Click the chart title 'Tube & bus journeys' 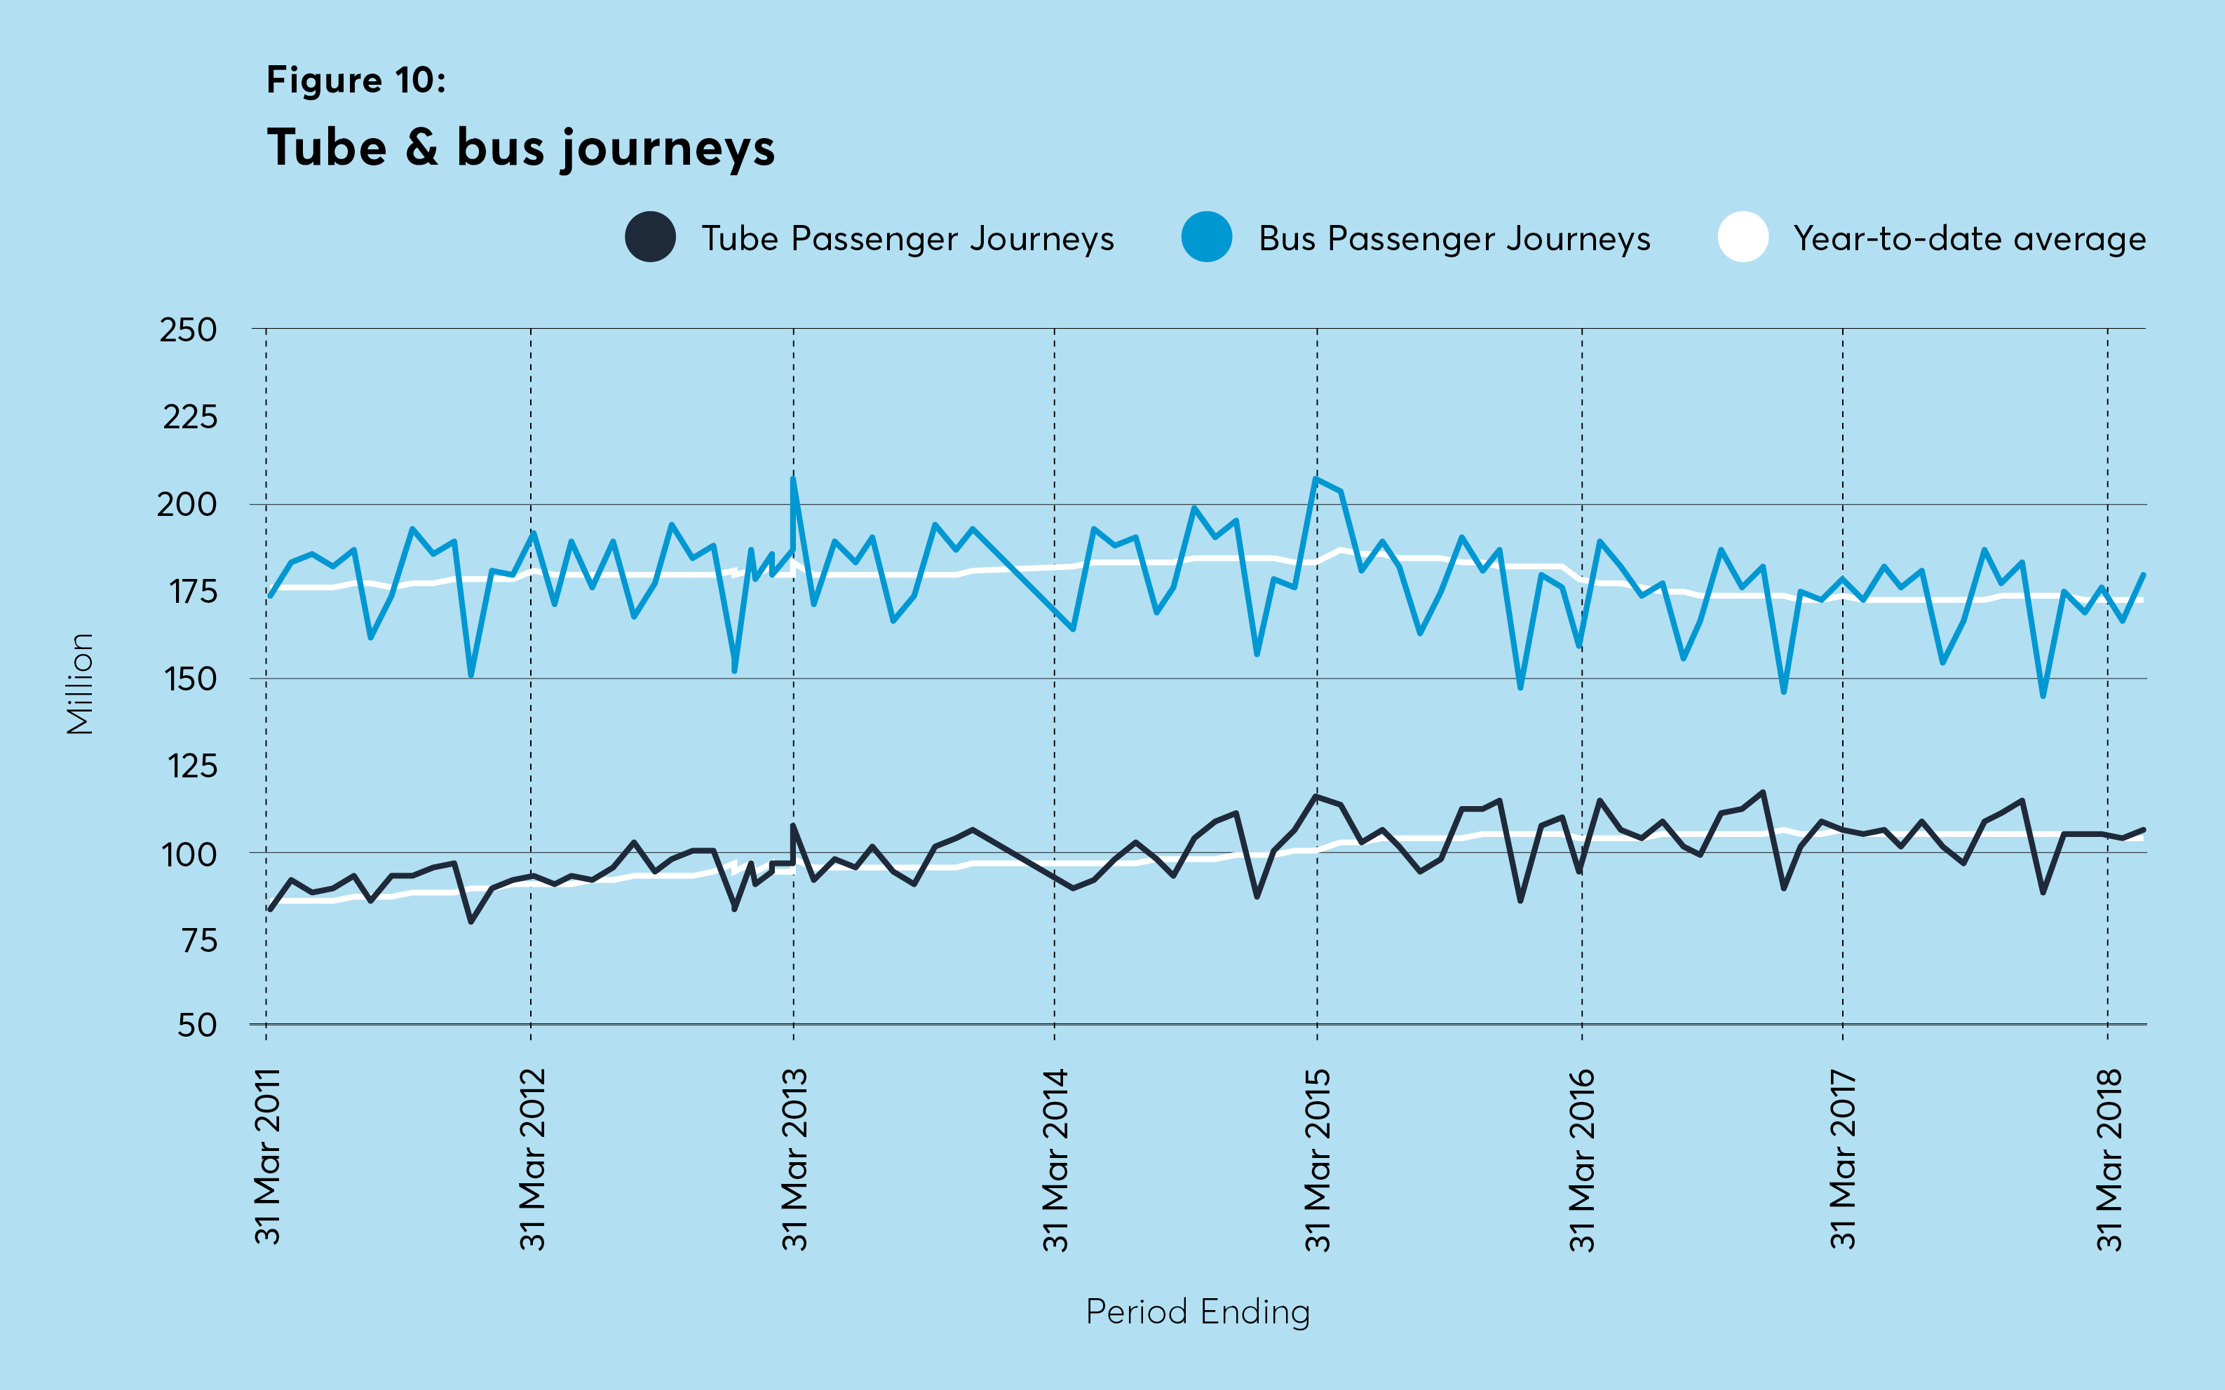point(520,149)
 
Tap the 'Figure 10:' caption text point(356,81)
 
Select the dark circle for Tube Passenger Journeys point(650,237)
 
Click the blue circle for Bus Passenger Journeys point(1206,237)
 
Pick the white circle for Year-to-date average point(1743,237)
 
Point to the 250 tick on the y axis point(189,330)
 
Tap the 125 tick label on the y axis point(191,765)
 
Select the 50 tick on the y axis point(197,1025)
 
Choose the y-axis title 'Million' point(81,684)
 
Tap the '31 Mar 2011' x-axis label point(268,1157)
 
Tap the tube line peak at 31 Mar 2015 point(1317,796)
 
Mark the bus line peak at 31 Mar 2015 point(1317,479)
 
